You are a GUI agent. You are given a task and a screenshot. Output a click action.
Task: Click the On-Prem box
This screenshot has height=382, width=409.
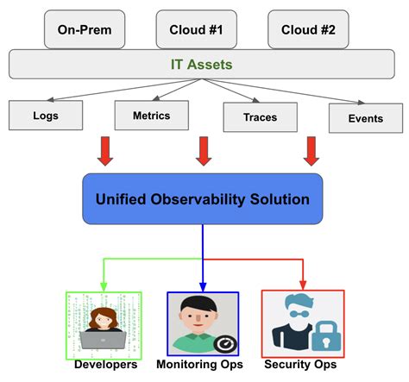pyautogui.click(x=85, y=30)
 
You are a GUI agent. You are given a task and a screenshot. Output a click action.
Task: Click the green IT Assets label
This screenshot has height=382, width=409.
pyautogui.click(x=201, y=64)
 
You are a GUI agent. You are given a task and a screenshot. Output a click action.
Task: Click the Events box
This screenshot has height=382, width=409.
pyautogui.click(x=366, y=118)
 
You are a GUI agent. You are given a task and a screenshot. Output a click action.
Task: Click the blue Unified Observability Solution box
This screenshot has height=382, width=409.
pyautogui.click(x=202, y=199)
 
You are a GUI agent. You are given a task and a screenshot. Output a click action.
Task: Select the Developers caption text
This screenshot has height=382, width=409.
pyautogui.click(x=105, y=365)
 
